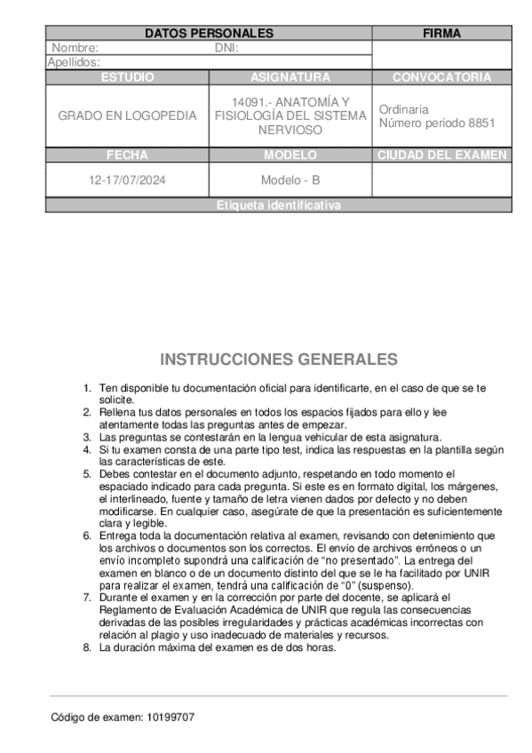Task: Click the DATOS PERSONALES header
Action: coord(209,33)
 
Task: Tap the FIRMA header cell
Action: coord(441,33)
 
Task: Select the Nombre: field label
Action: coord(75,48)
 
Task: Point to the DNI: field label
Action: coord(226,48)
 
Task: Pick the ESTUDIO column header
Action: coord(127,77)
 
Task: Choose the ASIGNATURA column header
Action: coord(290,77)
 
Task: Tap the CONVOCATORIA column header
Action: coord(441,77)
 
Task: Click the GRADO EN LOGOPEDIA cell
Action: coord(127,116)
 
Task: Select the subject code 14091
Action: coord(248,102)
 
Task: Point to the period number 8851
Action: coord(480,123)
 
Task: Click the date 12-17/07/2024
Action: coord(127,180)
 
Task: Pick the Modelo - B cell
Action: coord(290,180)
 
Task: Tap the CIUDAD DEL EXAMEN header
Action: coord(441,155)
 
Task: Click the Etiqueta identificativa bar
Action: coord(278,205)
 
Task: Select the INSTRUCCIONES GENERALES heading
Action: coord(278,360)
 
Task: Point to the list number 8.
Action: coord(87,647)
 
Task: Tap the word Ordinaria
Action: coord(404,109)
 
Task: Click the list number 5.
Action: coord(87,474)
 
